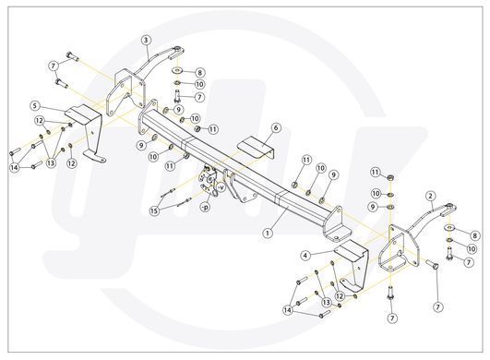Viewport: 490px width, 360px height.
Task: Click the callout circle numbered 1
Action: point(268,234)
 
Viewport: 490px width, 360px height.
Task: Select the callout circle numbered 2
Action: point(431,197)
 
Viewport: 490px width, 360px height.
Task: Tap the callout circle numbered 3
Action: point(146,40)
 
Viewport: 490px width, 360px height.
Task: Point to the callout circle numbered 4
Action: point(305,256)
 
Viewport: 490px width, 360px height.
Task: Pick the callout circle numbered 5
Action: point(35,106)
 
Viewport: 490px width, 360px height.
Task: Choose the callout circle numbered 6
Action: point(276,127)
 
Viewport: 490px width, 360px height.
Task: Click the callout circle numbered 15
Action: point(154,211)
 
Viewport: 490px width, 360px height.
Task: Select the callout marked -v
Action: point(221,187)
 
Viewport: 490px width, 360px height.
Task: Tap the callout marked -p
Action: point(205,207)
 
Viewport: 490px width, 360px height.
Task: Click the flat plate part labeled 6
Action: point(257,149)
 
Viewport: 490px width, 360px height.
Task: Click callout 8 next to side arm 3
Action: point(200,73)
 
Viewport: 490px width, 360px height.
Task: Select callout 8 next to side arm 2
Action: point(474,235)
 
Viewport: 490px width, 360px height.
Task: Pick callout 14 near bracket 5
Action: point(14,167)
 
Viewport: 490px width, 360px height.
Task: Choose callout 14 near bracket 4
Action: point(288,310)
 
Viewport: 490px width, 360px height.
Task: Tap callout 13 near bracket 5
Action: point(51,162)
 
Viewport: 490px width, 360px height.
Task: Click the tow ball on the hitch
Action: point(207,168)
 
